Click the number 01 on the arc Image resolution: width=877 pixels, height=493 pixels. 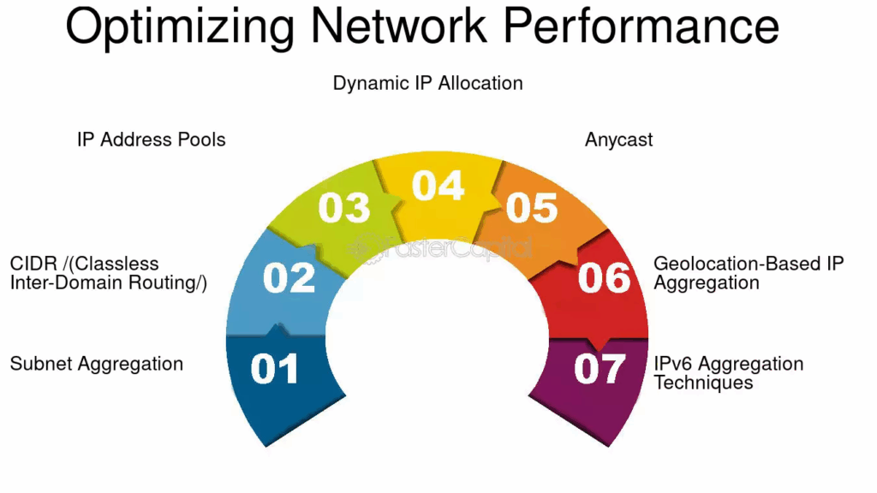274,369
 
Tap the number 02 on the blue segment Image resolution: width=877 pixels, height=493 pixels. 289,279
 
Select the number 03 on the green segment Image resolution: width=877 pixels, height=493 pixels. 344,208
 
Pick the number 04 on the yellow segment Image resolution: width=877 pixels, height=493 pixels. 438,186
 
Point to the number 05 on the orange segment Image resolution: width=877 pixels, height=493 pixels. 531,208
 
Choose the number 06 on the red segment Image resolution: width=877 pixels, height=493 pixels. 605,278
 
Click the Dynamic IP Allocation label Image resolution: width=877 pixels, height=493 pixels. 427,83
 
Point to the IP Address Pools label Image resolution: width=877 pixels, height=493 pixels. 151,140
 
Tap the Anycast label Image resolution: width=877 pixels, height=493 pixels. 618,140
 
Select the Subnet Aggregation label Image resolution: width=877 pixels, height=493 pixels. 96,364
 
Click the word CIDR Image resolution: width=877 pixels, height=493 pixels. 33,264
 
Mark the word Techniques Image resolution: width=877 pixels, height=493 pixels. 703,383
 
